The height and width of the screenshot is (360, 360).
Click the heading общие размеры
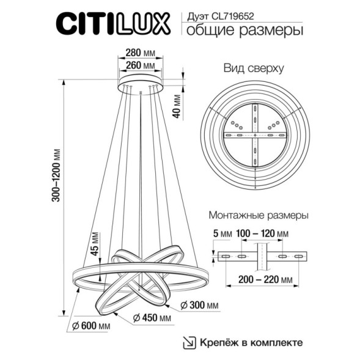pyautogui.click(x=243, y=31)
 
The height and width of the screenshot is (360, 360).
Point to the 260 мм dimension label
pyautogui.click(x=140, y=66)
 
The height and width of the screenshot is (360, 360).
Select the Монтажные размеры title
pyautogui.click(x=258, y=216)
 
